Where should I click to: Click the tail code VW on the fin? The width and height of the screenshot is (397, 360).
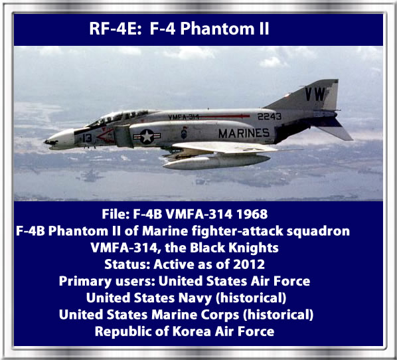click(x=315, y=94)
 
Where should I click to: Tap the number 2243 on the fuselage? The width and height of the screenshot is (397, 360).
click(x=270, y=116)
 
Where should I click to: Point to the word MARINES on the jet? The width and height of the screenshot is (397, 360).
click(x=244, y=134)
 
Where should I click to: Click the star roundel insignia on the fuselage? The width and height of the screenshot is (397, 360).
click(x=147, y=137)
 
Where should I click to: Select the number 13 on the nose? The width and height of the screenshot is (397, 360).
click(x=87, y=138)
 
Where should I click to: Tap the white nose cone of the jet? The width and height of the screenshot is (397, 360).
click(x=60, y=139)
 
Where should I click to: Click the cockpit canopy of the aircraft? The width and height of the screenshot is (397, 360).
click(x=119, y=118)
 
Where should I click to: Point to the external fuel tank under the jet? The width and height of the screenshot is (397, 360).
click(x=216, y=161)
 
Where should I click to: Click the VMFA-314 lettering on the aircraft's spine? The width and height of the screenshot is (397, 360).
click(x=183, y=117)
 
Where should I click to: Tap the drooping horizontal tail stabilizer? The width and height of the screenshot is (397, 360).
click(x=334, y=130)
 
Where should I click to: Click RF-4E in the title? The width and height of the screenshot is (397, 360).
click(x=116, y=29)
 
